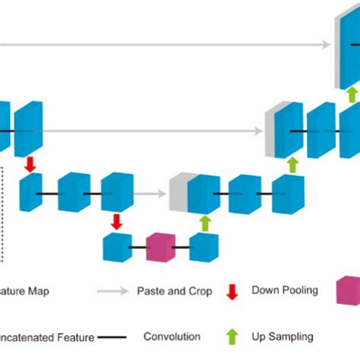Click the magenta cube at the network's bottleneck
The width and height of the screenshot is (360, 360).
[x=160, y=248]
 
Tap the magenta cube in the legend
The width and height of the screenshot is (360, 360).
[x=349, y=290]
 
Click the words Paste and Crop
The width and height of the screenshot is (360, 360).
[x=173, y=291]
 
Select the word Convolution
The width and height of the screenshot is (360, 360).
[x=172, y=336]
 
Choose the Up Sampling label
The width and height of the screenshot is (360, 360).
[x=282, y=336]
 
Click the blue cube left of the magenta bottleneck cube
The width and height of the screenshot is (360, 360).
[x=117, y=248]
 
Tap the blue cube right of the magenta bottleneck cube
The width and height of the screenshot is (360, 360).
[x=204, y=248]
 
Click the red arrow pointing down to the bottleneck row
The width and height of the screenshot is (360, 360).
[x=117, y=221]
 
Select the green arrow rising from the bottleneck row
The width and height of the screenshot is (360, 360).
[x=204, y=223]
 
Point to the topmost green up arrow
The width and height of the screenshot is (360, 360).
[x=351, y=93]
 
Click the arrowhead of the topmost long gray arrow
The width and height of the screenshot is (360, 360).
[x=327, y=44]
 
